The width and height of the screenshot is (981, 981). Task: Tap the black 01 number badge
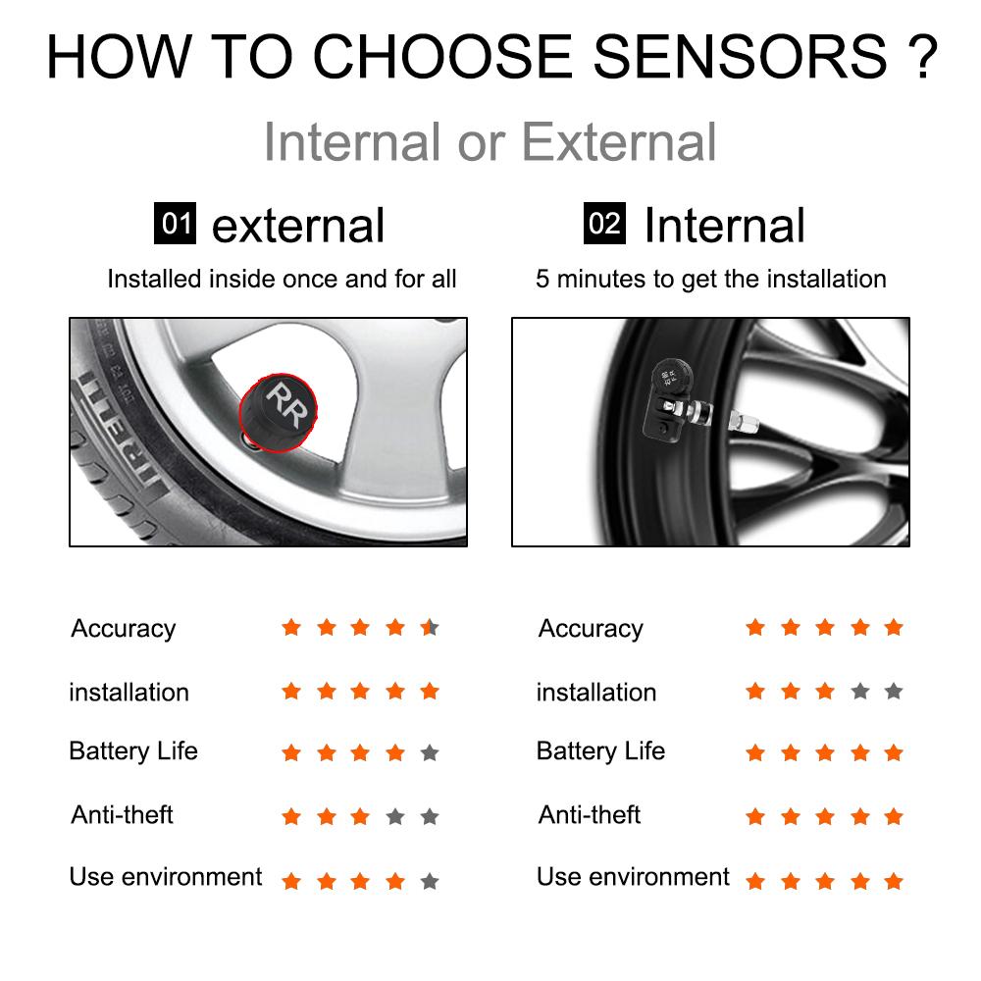pyautogui.click(x=177, y=224)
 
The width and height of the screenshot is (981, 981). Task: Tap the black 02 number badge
pyautogui.click(x=604, y=224)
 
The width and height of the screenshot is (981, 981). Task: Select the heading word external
pyautogui.click(x=298, y=226)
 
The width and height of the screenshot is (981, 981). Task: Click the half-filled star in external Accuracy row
pyautogui.click(x=430, y=628)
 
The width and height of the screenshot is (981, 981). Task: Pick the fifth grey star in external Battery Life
pyautogui.click(x=429, y=753)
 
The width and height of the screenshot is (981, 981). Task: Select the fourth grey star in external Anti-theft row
pyautogui.click(x=395, y=816)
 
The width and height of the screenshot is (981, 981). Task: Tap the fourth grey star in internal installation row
pyautogui.click(x=860, y=692)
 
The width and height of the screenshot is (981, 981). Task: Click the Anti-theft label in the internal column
pyautogui.click(x=590, y=814)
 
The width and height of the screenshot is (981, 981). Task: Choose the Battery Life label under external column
pyautogui.click(x=133, y=751)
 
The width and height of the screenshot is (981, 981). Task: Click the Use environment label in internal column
pyautogui.click(x=633, y=876)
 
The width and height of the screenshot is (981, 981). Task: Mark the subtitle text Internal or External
pyautogui.click(x=490, y=141)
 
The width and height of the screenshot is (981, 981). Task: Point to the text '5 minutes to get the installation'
pyautogui.click(x=710, y=279)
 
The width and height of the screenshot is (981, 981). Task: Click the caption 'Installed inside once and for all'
pyautogui.click(x=282, y=279)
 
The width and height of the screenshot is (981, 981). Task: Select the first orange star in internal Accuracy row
pyautogui.click(x=754, y=627)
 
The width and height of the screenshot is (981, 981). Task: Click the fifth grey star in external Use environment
pyautogui.click(x=429, y=881)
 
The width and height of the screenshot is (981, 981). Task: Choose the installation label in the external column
pyautogui.click(x=129, y=692)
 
